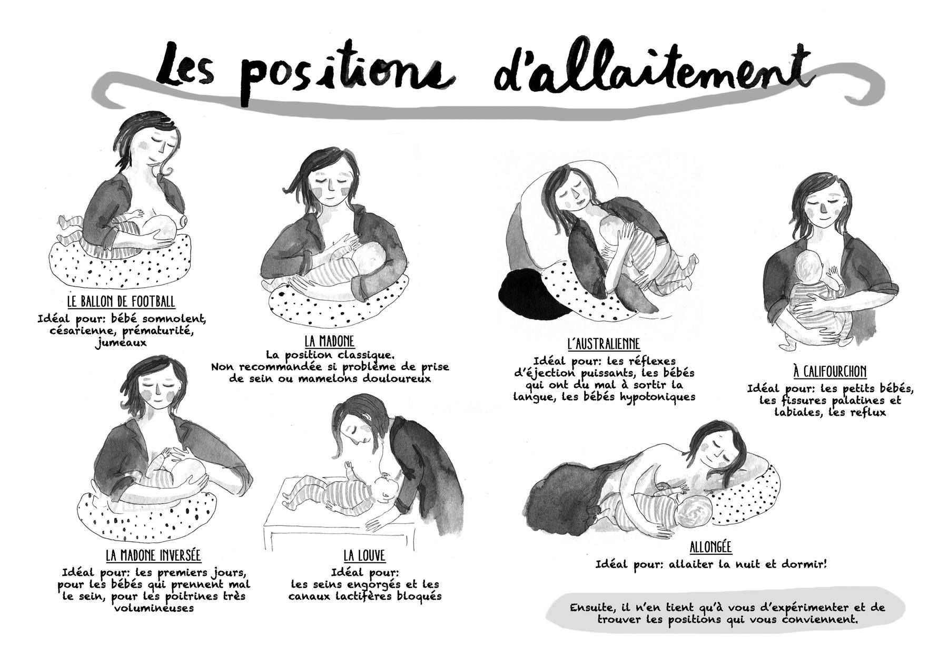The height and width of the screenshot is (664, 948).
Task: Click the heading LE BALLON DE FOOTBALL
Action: pyautogui.click(x=121, y=302)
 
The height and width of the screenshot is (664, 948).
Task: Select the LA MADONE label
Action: pyautogui.click(x=329, y=340)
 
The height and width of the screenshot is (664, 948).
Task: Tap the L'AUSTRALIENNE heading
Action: pyautogui.click(x=604, y=344)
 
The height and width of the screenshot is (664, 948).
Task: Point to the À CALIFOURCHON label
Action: pyautogui.click(x=829, y=372)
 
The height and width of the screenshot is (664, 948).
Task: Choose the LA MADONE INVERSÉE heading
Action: pyautogui.click(x=153, y=555)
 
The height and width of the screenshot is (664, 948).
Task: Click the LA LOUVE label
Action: pyautogui.click(x=364, y=555)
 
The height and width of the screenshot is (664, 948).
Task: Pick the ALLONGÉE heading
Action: pyautogui.click(x=710, y=546)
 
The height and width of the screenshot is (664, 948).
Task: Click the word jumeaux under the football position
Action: pyautogui.click(x=121, y=343)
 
